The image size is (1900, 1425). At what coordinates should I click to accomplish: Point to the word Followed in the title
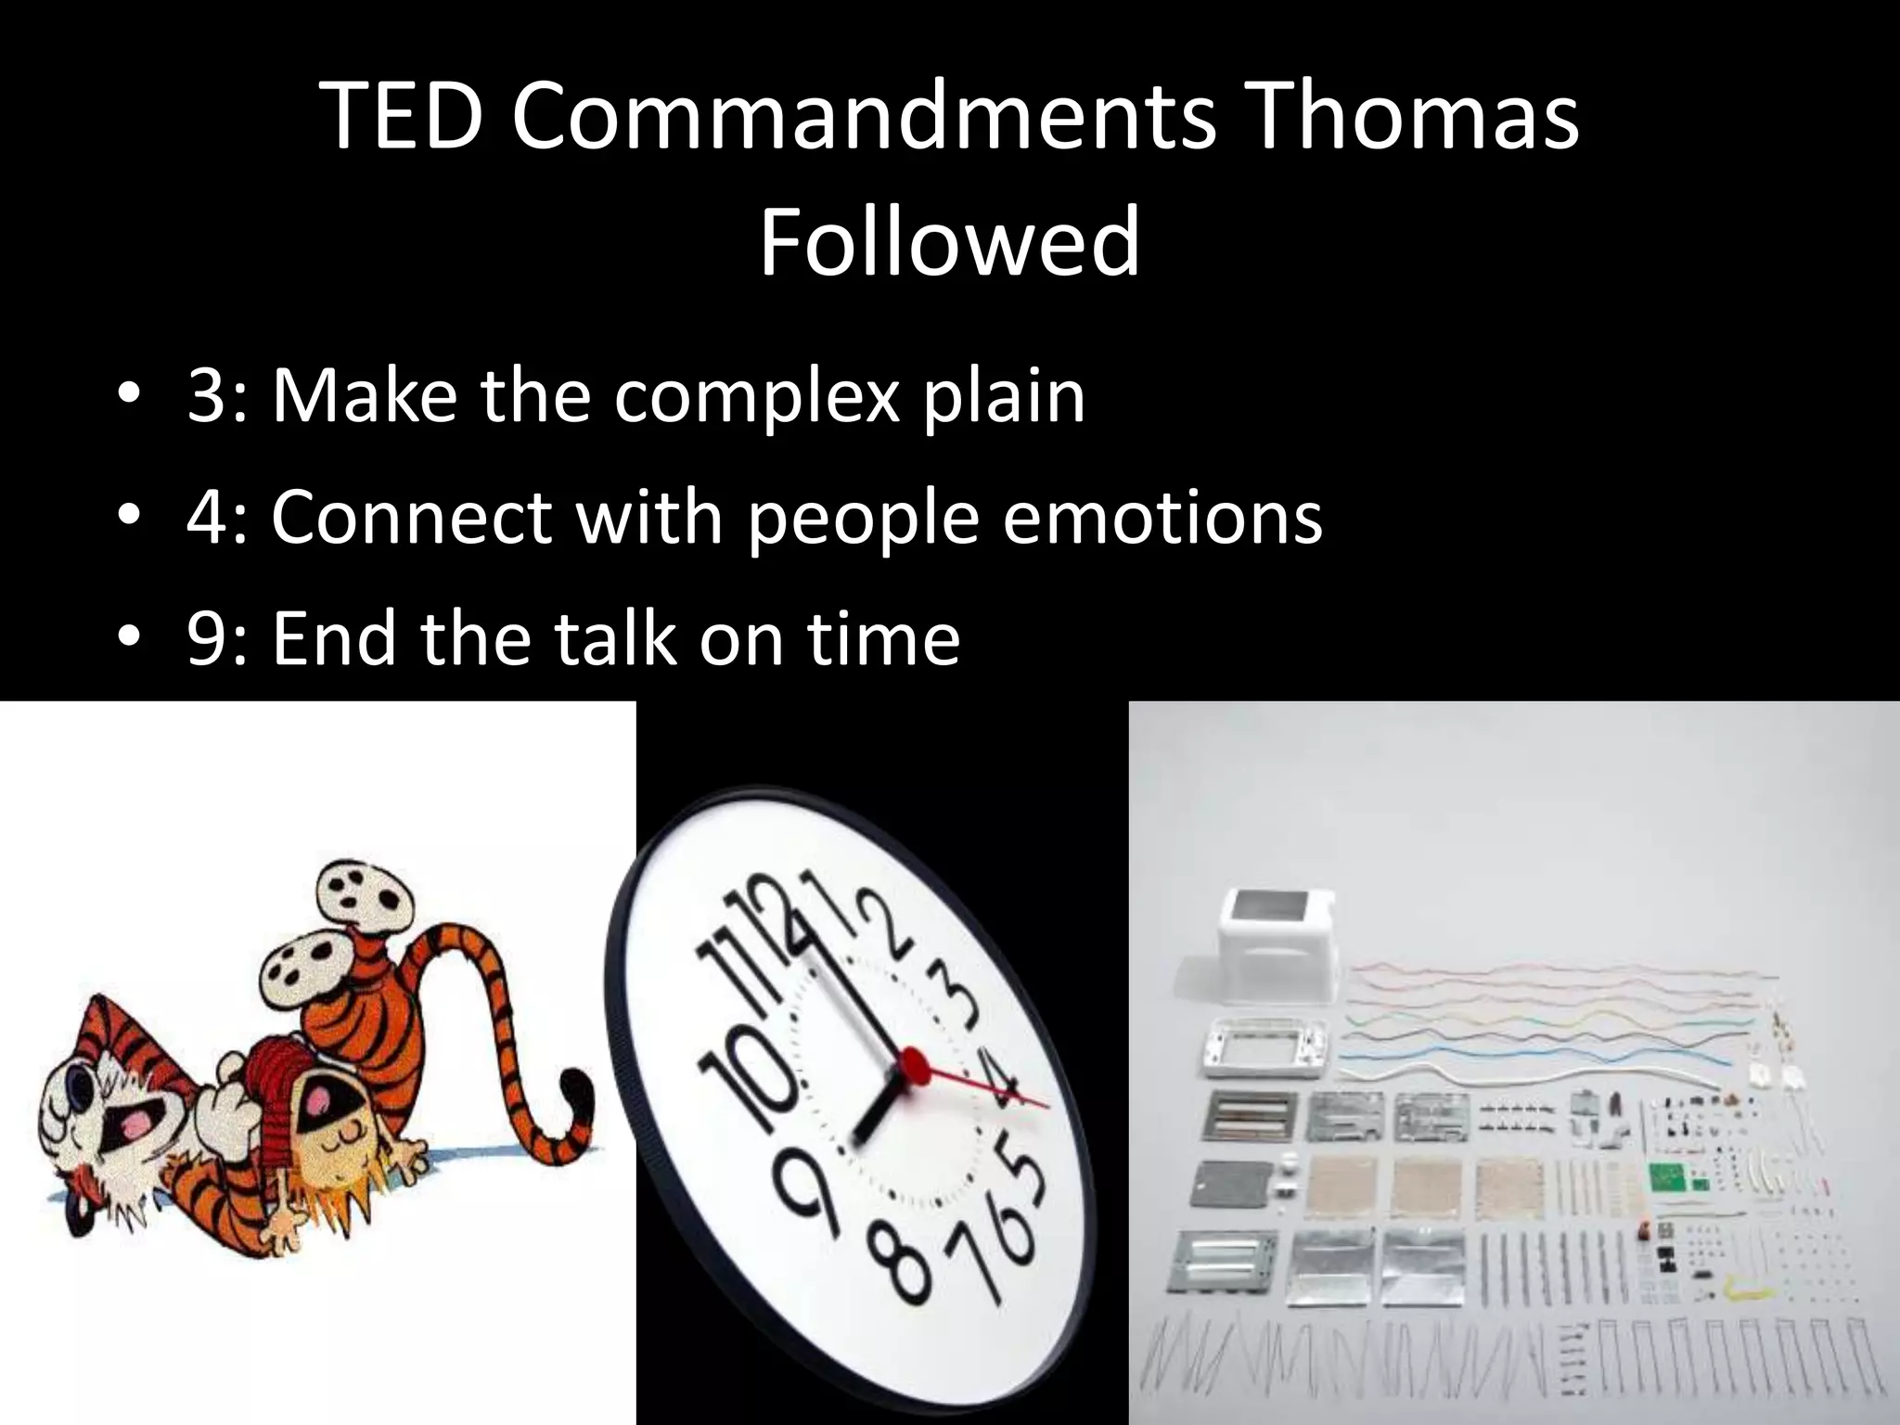(x=949, y=243)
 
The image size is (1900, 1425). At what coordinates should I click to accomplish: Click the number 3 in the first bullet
(x=206, y=397)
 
